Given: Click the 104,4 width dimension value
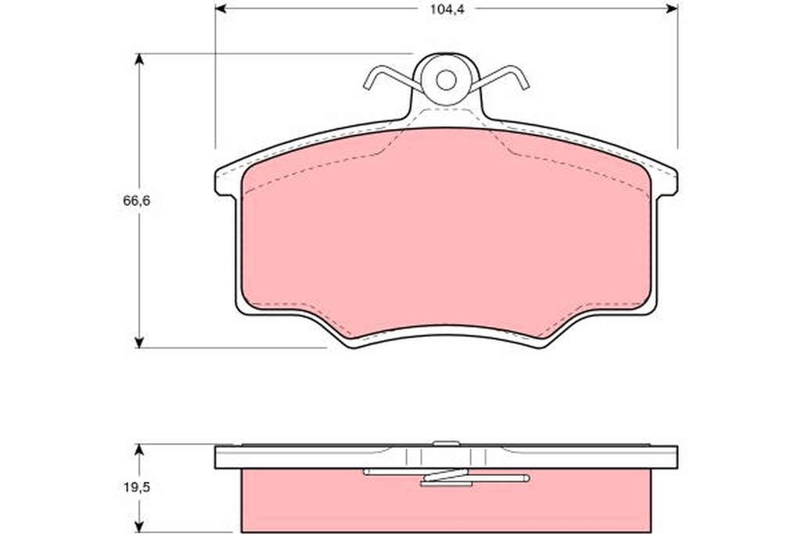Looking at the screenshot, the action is coord(447,9).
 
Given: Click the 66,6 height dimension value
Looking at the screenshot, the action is coord(136,201).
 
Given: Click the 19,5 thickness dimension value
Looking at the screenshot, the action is coord(136,488).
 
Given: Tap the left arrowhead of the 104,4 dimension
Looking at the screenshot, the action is coord(221,9).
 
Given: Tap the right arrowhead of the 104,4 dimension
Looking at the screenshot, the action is coord(672,9).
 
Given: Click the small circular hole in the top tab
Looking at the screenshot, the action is coord(446,81).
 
